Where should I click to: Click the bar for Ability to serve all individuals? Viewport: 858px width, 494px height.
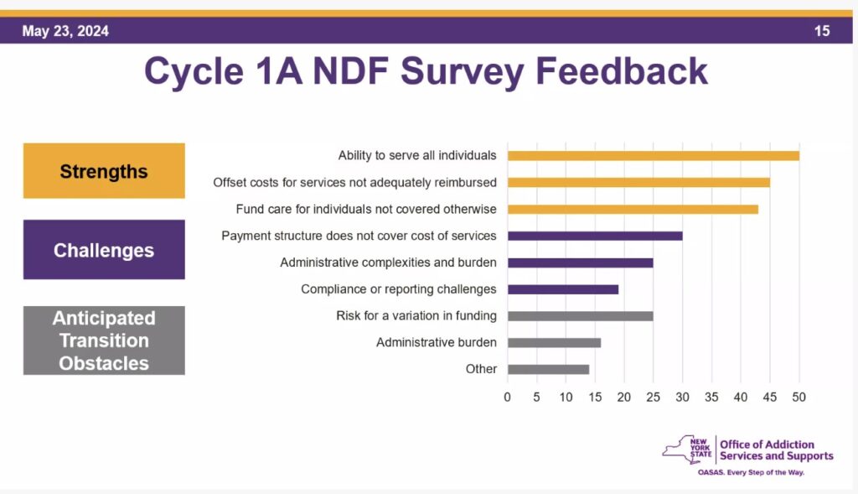click(x=654, y=155)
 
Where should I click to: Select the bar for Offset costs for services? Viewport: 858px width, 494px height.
click(x=638, y=182)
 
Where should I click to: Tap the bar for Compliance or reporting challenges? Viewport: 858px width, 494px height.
click(x=563, y=289)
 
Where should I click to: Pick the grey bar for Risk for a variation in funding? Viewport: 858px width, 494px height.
click(x=580, y=316)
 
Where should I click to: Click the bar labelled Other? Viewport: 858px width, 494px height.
click(x=548, y=369)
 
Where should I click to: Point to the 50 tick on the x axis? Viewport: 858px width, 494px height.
click(x=799, y=397)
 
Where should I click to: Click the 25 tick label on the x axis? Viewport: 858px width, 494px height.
click(x=653, y=397)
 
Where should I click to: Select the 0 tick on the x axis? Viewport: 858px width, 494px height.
click(x=507, y=397)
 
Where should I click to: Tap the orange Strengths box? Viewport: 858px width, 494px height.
click(x=104, y=171)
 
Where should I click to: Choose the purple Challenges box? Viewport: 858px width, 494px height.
click(x=104, y=250)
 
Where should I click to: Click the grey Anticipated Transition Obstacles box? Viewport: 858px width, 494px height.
click(x=104, y=341)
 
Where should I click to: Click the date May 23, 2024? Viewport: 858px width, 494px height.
click(x=65, y=31)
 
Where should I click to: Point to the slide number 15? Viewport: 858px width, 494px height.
click(x=821, y=31)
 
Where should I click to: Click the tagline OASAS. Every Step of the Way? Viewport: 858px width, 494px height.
click(x=751, y=473)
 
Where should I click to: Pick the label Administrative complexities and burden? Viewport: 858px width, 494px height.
click(x=388, y=263)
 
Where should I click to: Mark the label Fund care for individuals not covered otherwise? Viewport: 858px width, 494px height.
click(x=366, y=209)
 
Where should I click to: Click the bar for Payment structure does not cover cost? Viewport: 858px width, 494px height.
click(x=595, y=236)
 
